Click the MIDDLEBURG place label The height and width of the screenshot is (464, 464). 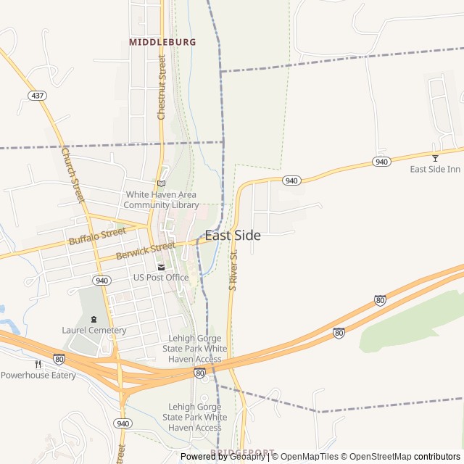(162, 42)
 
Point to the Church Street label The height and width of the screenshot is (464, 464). (72, 175)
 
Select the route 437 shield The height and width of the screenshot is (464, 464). (36, 96)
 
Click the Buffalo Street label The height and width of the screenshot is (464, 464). (97, 236)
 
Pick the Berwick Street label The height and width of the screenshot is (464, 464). (145, 252)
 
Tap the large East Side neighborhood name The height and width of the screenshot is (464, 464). (233, 235)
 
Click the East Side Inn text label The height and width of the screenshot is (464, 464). (435, 169)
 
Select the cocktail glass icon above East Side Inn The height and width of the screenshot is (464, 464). (435, 158)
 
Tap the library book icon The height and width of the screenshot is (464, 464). (161, 183)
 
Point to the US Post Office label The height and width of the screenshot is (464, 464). (161, 278)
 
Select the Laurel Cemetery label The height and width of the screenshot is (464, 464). (94, 330)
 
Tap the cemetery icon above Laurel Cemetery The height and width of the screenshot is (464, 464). (94, 319)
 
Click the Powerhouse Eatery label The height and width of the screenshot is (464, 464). (38, 375)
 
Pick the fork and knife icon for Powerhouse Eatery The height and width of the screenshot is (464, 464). (38, 364)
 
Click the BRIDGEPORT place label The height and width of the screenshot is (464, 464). (244, 452)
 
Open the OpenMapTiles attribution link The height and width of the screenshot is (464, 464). (308, 457)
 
